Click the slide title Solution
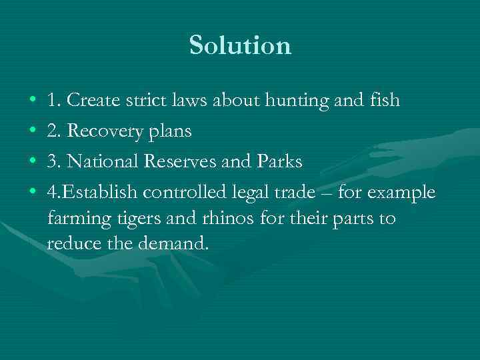point(240,46)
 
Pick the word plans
point(168,132)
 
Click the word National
point(102,162)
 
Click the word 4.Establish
point(92,193)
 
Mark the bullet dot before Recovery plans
point(33,132)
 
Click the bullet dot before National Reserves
point(33,162)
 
